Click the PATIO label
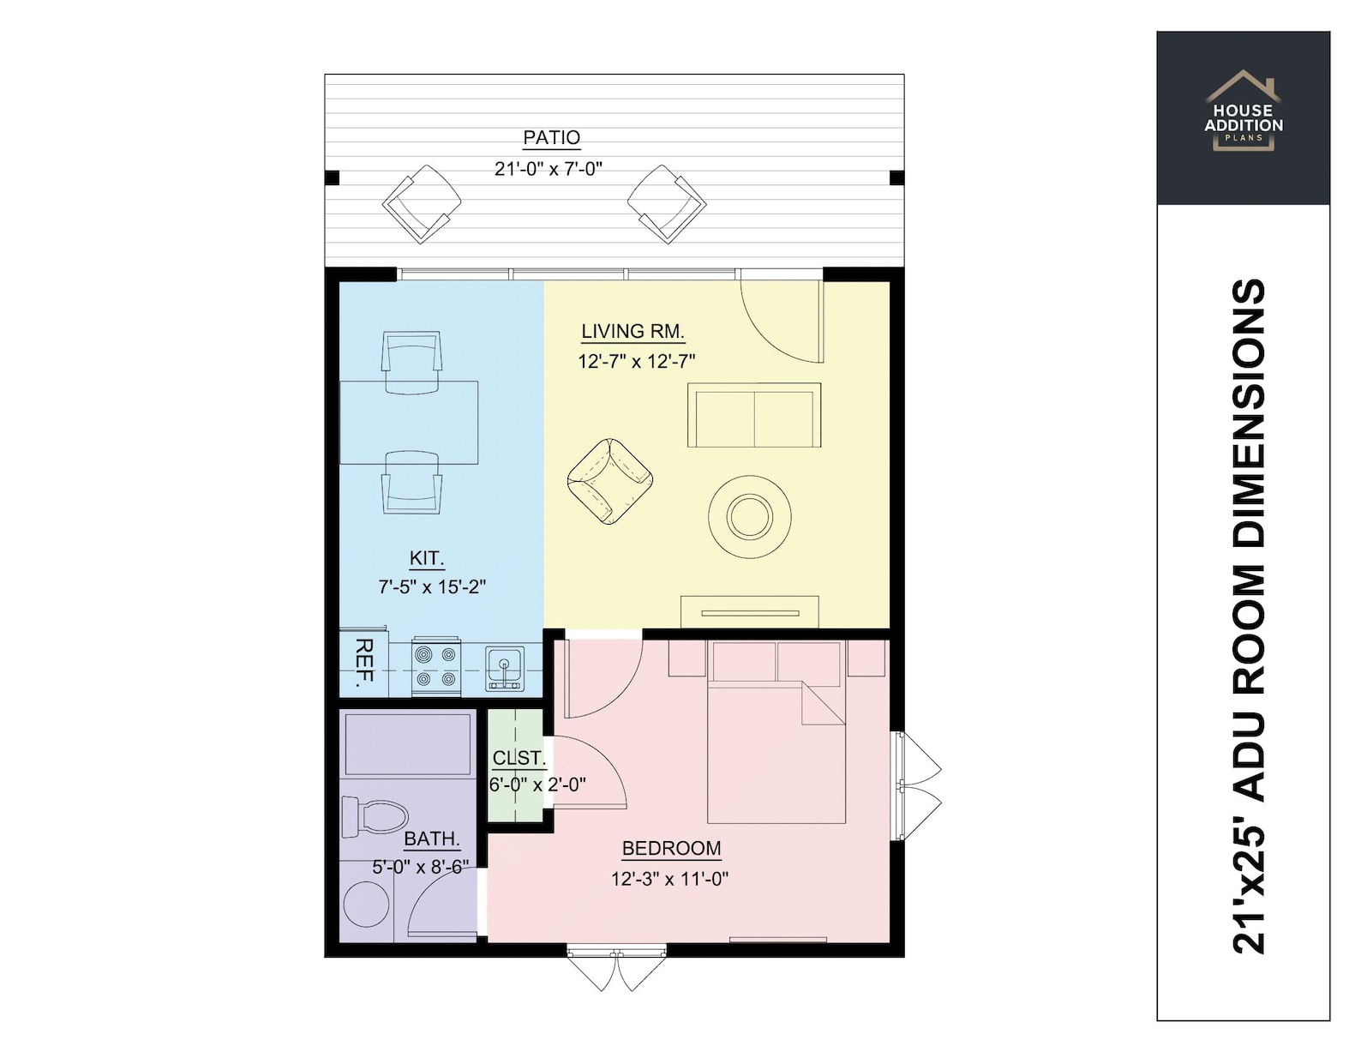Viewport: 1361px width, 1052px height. [551, 137]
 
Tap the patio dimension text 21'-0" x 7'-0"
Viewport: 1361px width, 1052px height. [548, 169]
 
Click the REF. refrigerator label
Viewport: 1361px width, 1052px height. [363, 662]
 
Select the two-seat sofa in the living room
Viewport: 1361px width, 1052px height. [753, 416]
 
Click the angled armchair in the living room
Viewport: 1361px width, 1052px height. [609, 482]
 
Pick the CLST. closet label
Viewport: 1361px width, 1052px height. [519, 758]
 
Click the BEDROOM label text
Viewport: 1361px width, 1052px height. [671, 849]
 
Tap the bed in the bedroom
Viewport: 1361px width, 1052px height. [776, 746]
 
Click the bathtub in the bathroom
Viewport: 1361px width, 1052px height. [408, 743]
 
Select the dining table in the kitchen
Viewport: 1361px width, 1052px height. [410, 423]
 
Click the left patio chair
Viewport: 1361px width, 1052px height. [421, 204]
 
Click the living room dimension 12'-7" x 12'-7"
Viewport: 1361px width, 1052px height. [636, 362]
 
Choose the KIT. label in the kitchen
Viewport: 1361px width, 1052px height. [426, 558]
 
